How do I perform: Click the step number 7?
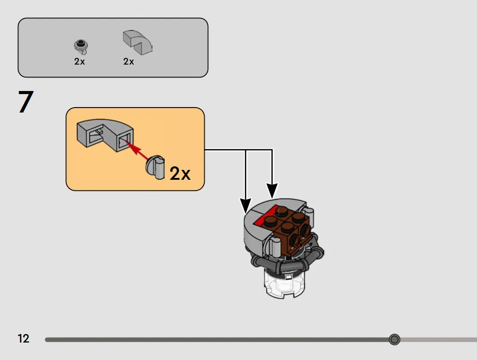(26, 102)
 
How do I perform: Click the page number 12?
(23, 338)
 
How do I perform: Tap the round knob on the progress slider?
(394, 339)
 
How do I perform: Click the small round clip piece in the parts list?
(81, 47)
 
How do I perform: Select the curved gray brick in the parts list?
(137, 42)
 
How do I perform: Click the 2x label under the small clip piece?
(79, 61)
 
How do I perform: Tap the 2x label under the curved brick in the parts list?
(128, 61)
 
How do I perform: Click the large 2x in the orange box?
(180, 173)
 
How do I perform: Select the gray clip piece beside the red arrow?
(155, 167)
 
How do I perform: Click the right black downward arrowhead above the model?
(272, 191)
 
